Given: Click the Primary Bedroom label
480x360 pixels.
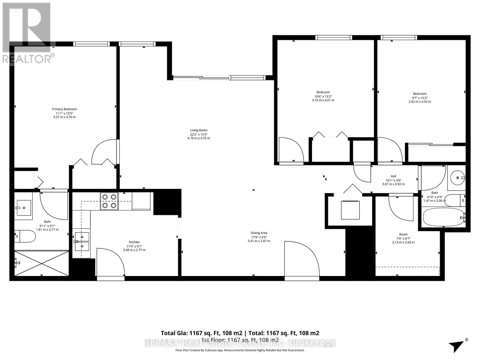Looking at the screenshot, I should [64, 109].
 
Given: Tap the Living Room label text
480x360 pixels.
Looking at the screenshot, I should [199, 130].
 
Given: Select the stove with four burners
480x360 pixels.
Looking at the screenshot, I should [109, 201].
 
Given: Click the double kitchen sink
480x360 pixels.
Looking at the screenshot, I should [82, 241].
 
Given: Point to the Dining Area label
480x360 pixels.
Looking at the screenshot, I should [259, 233].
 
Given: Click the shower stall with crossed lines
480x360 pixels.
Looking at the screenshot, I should [41, 263].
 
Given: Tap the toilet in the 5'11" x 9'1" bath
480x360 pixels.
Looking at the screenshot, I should [25, 236].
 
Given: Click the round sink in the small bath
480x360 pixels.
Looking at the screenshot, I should [457, 178].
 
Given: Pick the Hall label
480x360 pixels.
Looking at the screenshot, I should [393, 176].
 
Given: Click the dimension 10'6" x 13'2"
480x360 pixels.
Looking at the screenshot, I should [323, 96].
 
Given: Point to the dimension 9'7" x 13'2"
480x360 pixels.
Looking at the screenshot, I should [419, 98].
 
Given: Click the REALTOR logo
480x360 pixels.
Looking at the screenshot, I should [27, 33].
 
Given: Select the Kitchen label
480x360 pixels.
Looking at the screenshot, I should [134, 242].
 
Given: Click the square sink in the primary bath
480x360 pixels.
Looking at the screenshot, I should [23, 208].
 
